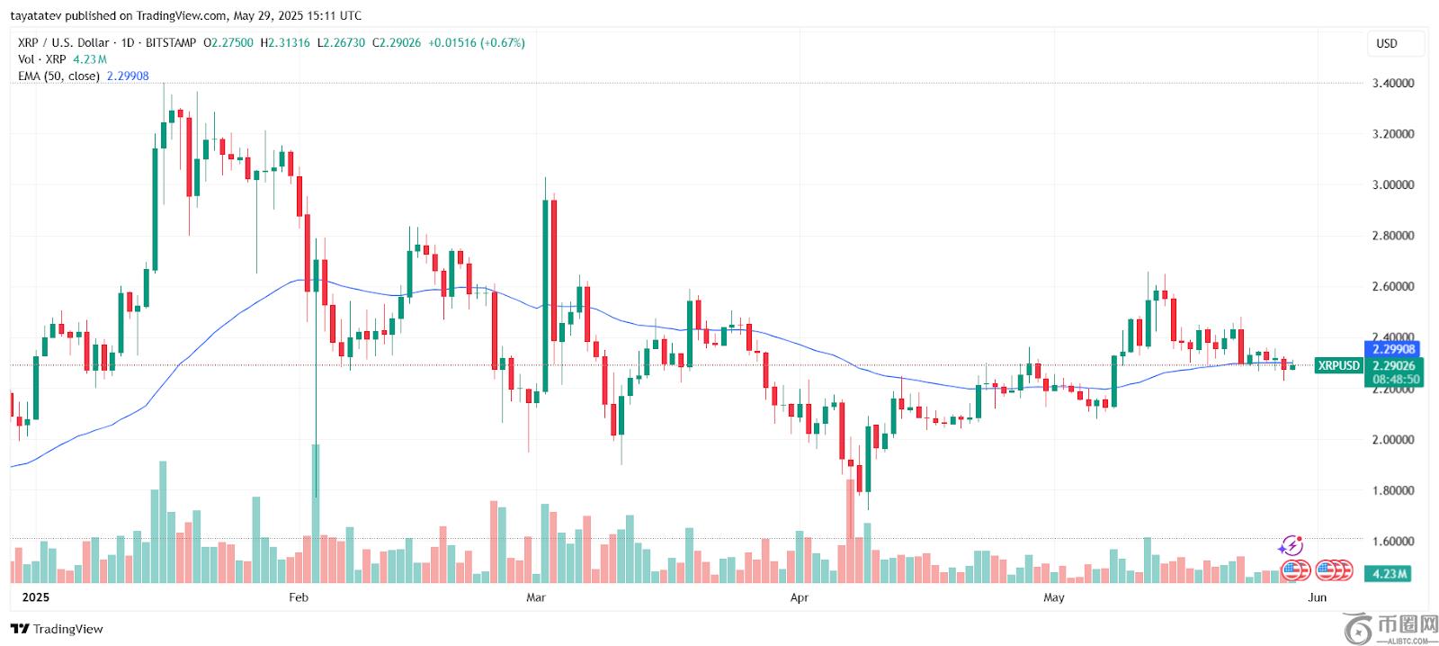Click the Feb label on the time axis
click(x=299, y=597)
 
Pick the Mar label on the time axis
click(x=536, y=597)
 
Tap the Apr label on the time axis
click(x=800, y=597)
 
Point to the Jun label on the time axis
click(x=1317, y=597)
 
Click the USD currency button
click(x=1387, y=43)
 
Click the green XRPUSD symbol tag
click(x=1338, y=365)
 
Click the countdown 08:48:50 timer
click(x=1396, y=380)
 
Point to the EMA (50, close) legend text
click(x=58, y=76)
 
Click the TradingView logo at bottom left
click(x=58, y=629)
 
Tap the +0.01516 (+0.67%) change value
click(x=476, y=42)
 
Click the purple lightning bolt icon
click(x=1291, y=545)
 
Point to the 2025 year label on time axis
click(x=36, y=597)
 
